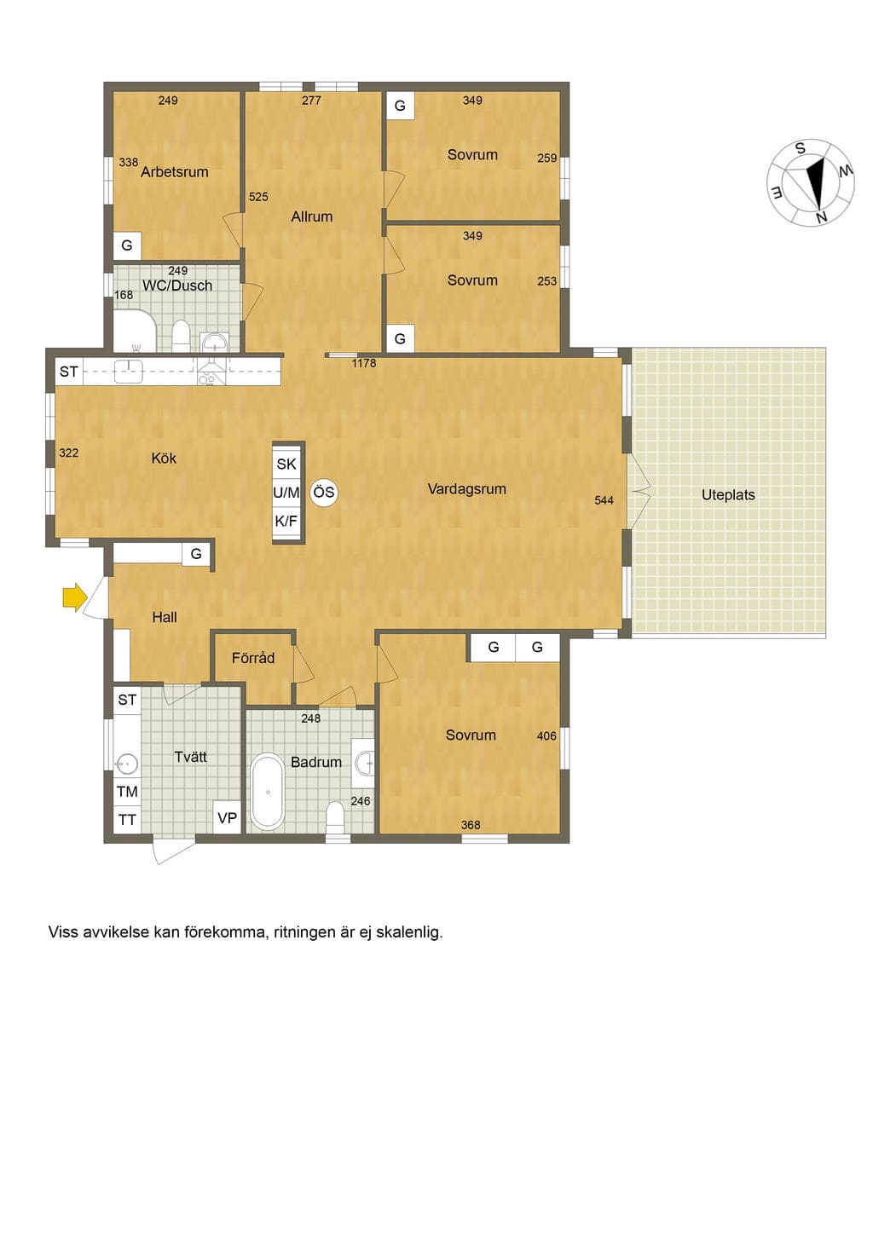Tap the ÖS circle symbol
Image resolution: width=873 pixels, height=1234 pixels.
coord(323,492)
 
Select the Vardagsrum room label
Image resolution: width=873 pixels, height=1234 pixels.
coord(467,488)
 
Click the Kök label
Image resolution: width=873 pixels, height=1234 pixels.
coord(164,458)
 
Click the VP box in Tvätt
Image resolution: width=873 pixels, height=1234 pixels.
coord(227,817)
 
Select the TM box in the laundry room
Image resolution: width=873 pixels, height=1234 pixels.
coord(127,792)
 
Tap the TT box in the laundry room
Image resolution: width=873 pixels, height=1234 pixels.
coord(127,820)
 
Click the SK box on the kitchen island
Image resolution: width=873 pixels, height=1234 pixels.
coord(286,464)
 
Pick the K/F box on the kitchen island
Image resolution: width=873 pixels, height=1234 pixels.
coord(286,521)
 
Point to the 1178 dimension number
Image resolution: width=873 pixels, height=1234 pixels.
coord(364,363)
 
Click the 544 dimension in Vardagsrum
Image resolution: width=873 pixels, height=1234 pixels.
coord(604,500)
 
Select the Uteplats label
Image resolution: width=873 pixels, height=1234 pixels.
coord(728,494)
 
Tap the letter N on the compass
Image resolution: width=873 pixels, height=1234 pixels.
coord(822,217)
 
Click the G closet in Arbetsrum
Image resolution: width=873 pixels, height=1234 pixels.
coord(127,245)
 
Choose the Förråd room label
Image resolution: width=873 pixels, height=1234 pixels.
coord(253,658)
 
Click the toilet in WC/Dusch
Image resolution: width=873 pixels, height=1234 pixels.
coord(181,336)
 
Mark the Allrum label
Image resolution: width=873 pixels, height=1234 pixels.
coord(312,216)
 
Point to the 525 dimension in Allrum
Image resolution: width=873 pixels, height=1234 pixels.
coord(258,197)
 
